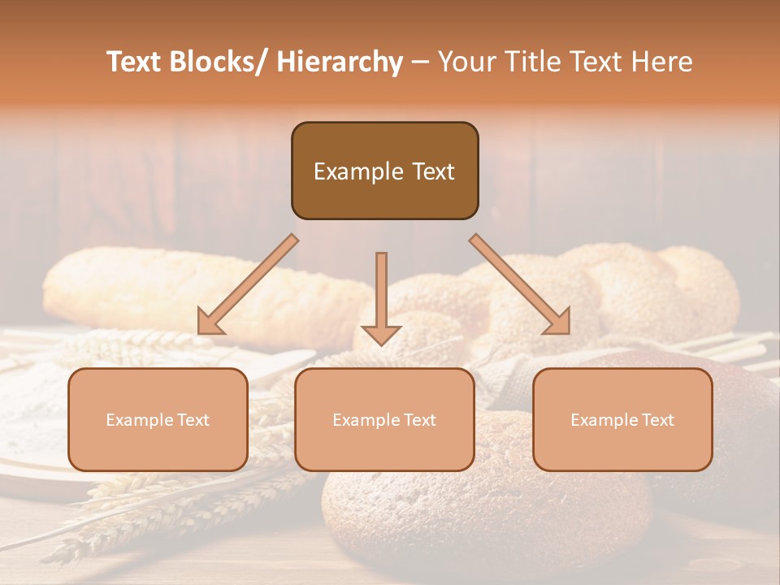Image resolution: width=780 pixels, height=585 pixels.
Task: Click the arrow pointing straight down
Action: (x=381, y=297)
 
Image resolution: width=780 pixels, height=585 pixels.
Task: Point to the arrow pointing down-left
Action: (x=248, y=284)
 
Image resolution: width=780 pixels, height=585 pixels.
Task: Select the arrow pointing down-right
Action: (x=520, y=284)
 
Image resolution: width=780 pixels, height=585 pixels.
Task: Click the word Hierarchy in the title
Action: (x=339, y=62)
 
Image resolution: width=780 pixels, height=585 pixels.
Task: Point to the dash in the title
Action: (x=419, y=63)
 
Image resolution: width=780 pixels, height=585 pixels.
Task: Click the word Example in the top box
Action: (x=358, y=171)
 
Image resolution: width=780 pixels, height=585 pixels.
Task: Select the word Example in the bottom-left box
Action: (x=140, y=420)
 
